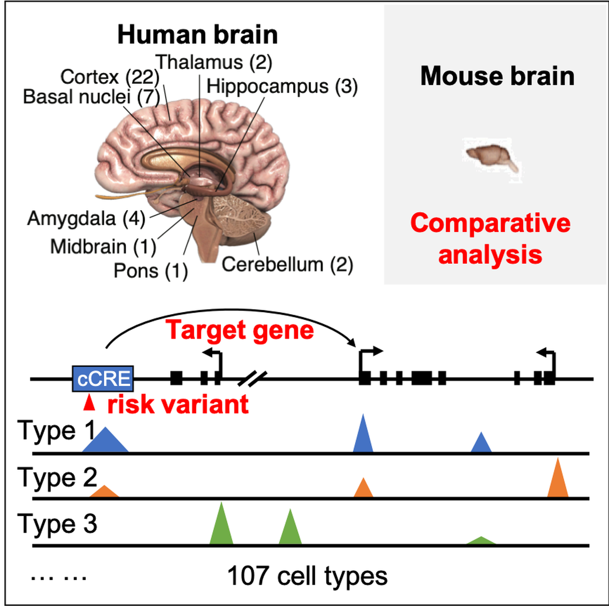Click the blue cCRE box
pyautogui.click(x=103, y=378)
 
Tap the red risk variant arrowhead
pyautogui.click(x=90, y=403)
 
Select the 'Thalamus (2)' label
pyautogui.click(x=214, y=62)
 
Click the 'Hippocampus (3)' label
pyautogui.click(x=282, y=86)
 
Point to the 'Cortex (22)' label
pyautogui.click(x=110, y=77)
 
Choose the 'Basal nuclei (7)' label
pyautogui.click(x=92, y=97)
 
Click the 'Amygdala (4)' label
pyautogui.click(x=86, y=218)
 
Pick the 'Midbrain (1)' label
pyautogui.click(x=103, y=246)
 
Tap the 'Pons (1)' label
pyautogui.click(x=150, y=270)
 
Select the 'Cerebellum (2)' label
pyautogui.click(x=287, y=264)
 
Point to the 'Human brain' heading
pyautogui.click(x=197, y=35)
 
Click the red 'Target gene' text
pyautogui.click(x=240, y=330)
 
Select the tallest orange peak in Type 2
pyautogui.click(x=557, y=480)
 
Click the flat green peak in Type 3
pyautogui.click(x=481, y=540)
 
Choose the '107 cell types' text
pyautogui.click(x=307, y=576)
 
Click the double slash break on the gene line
pyautogui.click(x=252, y=378)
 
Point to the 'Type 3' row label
pyautogui.click(x=57, y=524)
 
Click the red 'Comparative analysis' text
pyautogui.click(x=490, y=239)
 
